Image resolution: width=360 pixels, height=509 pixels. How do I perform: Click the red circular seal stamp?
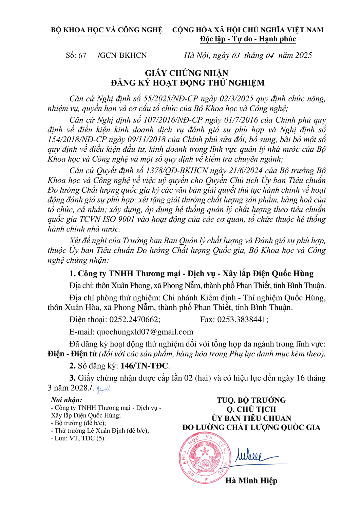pyautogui.click(x=204, y=458)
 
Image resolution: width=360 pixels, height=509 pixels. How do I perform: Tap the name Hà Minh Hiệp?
pyautogui.click(x=251, y=480)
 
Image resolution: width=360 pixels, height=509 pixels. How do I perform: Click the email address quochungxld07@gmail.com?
pyautogui.click(x=145, y=332)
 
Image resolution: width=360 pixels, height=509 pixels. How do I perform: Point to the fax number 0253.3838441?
pyautogui.click(x=243, y=320)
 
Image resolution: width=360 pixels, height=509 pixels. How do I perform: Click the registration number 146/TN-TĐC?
pyautogui.click(x=144, y=366)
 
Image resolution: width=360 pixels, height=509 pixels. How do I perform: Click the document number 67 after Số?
pyautogui.click(x=82, y=55)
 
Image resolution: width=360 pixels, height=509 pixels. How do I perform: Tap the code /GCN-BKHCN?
pyautogui.click(x=122, y=55)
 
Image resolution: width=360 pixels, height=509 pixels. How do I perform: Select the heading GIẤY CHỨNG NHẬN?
pyautogui.click(x=187, y=73)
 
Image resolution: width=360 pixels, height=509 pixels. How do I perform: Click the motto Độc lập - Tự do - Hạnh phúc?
pyautogui.click(x=248, y=39)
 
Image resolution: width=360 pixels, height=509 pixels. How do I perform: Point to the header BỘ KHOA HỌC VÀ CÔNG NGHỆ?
pyautogui.click(x=107, y=30)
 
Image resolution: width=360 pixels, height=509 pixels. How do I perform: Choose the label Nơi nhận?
pyautogui.click(x=67, y=400)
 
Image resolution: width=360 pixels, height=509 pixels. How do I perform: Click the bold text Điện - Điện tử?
pyautogui.click(x=72, y=354)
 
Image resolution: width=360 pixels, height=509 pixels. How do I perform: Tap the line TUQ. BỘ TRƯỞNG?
pyautogui.click(x=251, y=400)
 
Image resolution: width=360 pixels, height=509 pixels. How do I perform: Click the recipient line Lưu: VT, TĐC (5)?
pyautogui.click(x=80, y=438)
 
